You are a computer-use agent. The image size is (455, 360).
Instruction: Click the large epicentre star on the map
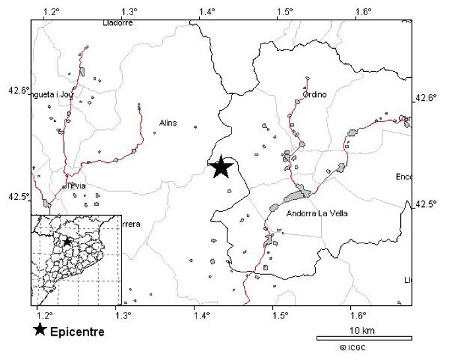tap(222, 167)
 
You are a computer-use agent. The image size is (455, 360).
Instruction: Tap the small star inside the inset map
tap(67, 242)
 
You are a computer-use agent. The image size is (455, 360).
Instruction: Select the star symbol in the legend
tap(40, 330)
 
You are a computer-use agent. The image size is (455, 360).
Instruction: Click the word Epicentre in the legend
tap(77, 332)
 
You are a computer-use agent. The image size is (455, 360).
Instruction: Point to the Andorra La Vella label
tap(317, 214)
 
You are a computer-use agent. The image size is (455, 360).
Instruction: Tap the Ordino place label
tap(315, 94)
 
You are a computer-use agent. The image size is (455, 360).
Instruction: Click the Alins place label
tap(168, 123)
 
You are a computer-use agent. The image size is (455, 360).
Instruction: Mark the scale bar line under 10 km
tap(364, 338)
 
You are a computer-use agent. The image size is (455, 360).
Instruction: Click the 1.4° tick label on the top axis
tap(208, 11)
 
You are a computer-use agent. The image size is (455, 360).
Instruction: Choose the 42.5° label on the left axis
tap(18, 197)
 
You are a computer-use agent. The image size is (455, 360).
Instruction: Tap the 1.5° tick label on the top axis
tap(284, 11)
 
